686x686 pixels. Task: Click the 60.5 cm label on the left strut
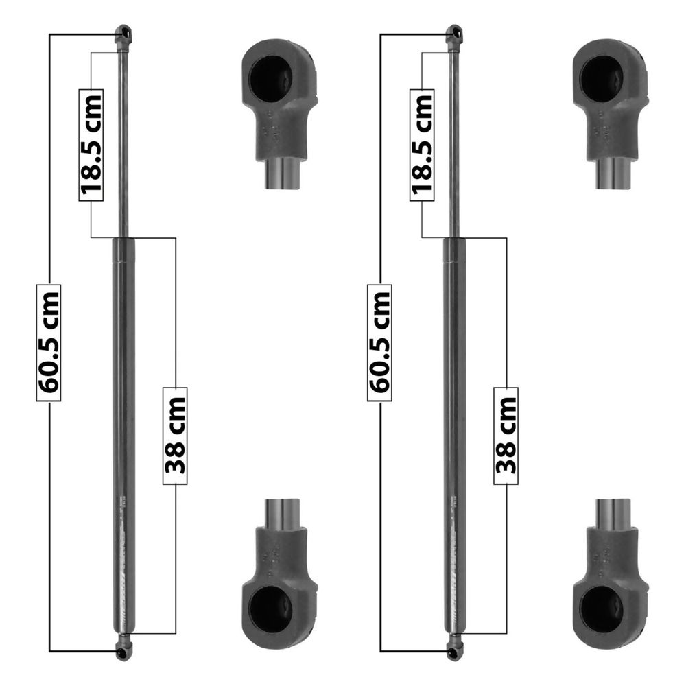pos(49,342)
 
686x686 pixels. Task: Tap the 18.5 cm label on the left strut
pos(91,145)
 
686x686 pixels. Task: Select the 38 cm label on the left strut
pos(175,436)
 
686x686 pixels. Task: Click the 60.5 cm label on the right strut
pos(379,342)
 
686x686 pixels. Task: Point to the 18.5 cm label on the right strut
pos(422,145)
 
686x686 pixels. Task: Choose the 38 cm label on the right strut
pos(506,436)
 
